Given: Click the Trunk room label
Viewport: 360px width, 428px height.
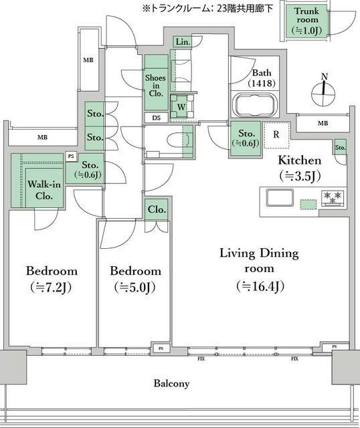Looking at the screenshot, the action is [307, 15].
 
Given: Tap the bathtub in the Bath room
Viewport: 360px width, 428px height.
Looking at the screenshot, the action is [255, 105].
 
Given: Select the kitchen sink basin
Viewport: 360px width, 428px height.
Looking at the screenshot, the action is [280, 198].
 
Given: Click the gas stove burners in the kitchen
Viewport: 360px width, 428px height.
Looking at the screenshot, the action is [333, 198].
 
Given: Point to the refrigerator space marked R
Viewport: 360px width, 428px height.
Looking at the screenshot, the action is [277, 135].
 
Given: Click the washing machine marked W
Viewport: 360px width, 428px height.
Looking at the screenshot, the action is [181, 106].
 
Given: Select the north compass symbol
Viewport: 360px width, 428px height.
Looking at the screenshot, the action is [323, 90].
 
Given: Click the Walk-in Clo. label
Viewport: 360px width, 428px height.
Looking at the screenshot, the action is [43, 190].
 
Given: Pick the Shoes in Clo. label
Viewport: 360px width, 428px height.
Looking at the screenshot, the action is [156, 86].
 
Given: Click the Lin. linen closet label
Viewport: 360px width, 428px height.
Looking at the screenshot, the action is [183, 42].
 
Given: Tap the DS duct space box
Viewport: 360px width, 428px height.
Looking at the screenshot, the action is [156, 118].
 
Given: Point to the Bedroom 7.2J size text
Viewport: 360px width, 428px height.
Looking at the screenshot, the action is [51, 287].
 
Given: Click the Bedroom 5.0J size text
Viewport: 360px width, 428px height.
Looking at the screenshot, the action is [135, 287].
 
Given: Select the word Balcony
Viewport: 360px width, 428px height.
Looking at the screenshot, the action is [171, 383].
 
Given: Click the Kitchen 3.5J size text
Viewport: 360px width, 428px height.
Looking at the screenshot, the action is [300, 177].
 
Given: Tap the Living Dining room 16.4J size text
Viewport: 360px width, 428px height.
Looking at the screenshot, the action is [260, 286].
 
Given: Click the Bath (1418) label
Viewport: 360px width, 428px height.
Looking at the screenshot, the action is [262, 78].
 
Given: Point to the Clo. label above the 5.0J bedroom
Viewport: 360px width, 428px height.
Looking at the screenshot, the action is [157, 209].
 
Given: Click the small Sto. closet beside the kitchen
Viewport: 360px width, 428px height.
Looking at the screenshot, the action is [341, 147].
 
